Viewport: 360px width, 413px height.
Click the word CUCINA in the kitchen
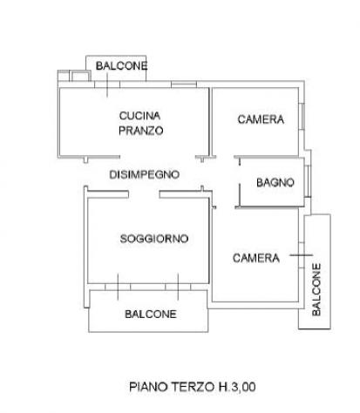(x=139, y=116)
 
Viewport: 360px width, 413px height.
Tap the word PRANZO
(x=141, y=131)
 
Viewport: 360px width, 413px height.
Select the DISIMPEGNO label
(x=145, y=174)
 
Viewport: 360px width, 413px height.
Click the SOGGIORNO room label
(x=154, y=239)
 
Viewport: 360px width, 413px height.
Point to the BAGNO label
(x=275, y=183)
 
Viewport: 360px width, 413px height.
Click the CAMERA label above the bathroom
(x=261, y=119)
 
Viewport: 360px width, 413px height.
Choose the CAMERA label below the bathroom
(x=256, y=258)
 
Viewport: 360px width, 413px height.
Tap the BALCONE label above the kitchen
(x=122, y=66)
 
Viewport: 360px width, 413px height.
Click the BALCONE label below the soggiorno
(x=151, y=314)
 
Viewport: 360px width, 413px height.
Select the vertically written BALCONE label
(x=316, y=289)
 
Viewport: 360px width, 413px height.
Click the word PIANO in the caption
(x=148, y=387)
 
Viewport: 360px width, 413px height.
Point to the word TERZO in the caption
(x=193, y=387)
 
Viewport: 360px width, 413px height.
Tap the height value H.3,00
(x=237, y=387)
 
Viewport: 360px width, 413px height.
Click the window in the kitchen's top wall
(x=184, y=85)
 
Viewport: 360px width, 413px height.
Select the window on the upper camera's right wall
(x=302, y=116)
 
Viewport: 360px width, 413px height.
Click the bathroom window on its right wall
(x=308, y=181)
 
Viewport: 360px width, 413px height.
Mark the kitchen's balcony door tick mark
(x=107, y=85)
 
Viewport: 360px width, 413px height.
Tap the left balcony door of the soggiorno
(x=118, y=287)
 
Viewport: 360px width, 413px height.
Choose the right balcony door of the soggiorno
(x=178, y=287)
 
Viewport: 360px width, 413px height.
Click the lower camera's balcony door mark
(x=302, y=255)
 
